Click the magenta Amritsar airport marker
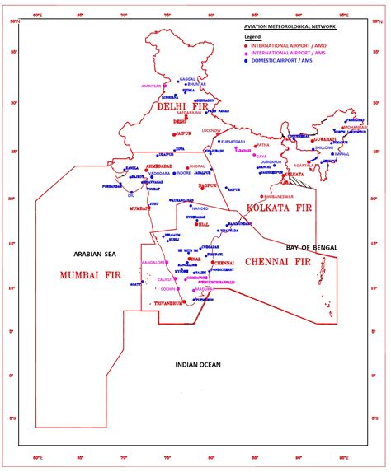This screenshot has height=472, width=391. click(165, 86)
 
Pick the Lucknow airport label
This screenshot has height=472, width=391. click(211, 130)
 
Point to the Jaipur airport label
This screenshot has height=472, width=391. click(183, 133)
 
